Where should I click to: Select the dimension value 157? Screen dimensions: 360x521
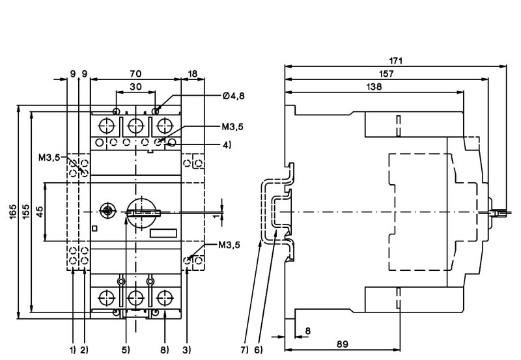click(386, 74)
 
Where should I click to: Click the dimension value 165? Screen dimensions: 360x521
click(14, 212)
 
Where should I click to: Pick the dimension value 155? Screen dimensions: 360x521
click(25, 212)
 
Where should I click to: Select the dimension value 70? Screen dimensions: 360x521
click(135, 74)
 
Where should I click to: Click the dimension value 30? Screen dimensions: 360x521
click(135, 87)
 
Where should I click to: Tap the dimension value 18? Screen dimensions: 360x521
click(193, 74)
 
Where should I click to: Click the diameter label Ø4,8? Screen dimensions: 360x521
click(233, 96)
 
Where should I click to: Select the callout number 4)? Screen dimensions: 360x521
click(226, 145)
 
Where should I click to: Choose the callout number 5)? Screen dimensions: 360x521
click(125, 350)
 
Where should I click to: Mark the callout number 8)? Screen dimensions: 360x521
click(164, 350)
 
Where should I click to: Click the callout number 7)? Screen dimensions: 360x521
click(243, 350)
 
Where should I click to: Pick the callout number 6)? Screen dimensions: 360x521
click(259, 350)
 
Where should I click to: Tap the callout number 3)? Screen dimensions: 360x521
click(187, 350)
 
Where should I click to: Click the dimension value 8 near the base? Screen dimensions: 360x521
click(307, 331)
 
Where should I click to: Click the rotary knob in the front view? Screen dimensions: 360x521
click(142, 212)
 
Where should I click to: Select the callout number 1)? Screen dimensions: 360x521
click(72, 350)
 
